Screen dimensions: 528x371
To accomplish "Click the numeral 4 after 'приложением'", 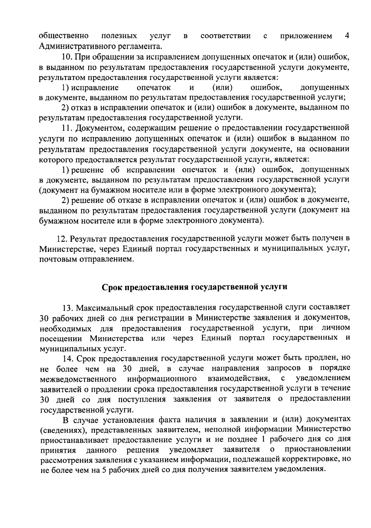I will click(x=347, y=36).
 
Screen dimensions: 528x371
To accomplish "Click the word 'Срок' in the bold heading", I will click(x=112, y=287).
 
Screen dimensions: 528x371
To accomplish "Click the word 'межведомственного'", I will click(x=78, y=379).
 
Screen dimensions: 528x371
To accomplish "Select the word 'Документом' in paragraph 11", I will click(x=99, y=128).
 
